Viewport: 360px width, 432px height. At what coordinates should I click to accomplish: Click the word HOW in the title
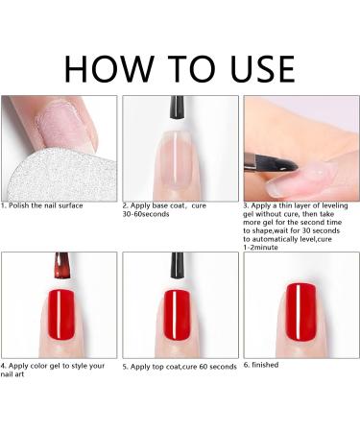tap(109, 69)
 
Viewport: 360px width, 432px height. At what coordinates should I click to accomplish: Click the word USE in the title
tap(262, 69)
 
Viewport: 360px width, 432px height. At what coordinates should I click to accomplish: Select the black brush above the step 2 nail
tap(177, 108)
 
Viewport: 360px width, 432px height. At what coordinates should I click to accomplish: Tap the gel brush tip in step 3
tap(286, 164)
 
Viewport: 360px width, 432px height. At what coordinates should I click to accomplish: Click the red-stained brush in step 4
tap(62, 265)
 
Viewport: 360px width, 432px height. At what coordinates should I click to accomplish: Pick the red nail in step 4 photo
tap(61, 315)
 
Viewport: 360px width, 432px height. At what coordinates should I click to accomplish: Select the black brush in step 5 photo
tap(177, 265)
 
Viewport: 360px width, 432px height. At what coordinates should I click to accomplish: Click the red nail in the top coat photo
tap(177, 315)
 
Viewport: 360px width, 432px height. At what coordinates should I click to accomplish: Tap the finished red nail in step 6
tap(300, 312)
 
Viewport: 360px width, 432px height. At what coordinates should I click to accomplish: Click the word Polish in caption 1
tap(19, 205)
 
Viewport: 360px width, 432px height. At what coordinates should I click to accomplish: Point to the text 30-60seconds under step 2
tap(146, 214)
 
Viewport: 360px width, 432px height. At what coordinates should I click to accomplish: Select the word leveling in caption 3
tap(335, 205)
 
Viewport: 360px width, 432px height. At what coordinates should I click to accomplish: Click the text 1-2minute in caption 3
tap(260, 248)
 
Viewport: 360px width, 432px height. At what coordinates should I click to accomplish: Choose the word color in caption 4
tap(42, 366)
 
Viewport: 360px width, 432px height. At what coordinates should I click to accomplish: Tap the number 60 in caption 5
tap(204, 367)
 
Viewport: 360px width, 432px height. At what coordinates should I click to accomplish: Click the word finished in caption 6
tap(265, 365)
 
